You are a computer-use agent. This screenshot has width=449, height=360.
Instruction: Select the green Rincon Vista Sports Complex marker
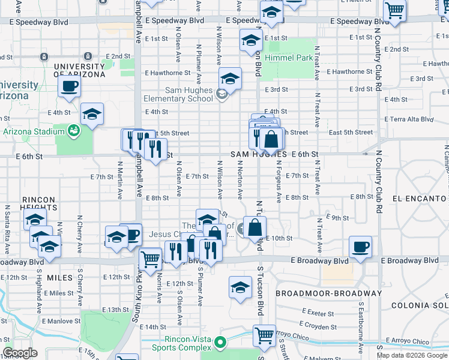click(x=220, y=343)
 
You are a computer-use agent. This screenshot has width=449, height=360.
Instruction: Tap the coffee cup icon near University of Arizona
click(x=69, y=86)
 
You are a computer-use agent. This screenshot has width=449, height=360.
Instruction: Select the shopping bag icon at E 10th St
click(x=255, y=227)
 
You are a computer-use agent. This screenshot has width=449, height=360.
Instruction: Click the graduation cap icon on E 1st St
click(x=251, y=41)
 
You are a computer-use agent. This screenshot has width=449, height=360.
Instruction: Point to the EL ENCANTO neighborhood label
click(x=420, y=197)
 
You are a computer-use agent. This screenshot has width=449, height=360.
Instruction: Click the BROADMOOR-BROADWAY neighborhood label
click(x=328, y=293)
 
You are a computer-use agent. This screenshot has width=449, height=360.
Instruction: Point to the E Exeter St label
click(x=318, y=313)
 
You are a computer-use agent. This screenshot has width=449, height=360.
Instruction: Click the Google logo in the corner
click(x=20, y=353)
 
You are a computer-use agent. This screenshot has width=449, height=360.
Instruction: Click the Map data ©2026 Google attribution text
click(x=411, y=355)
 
